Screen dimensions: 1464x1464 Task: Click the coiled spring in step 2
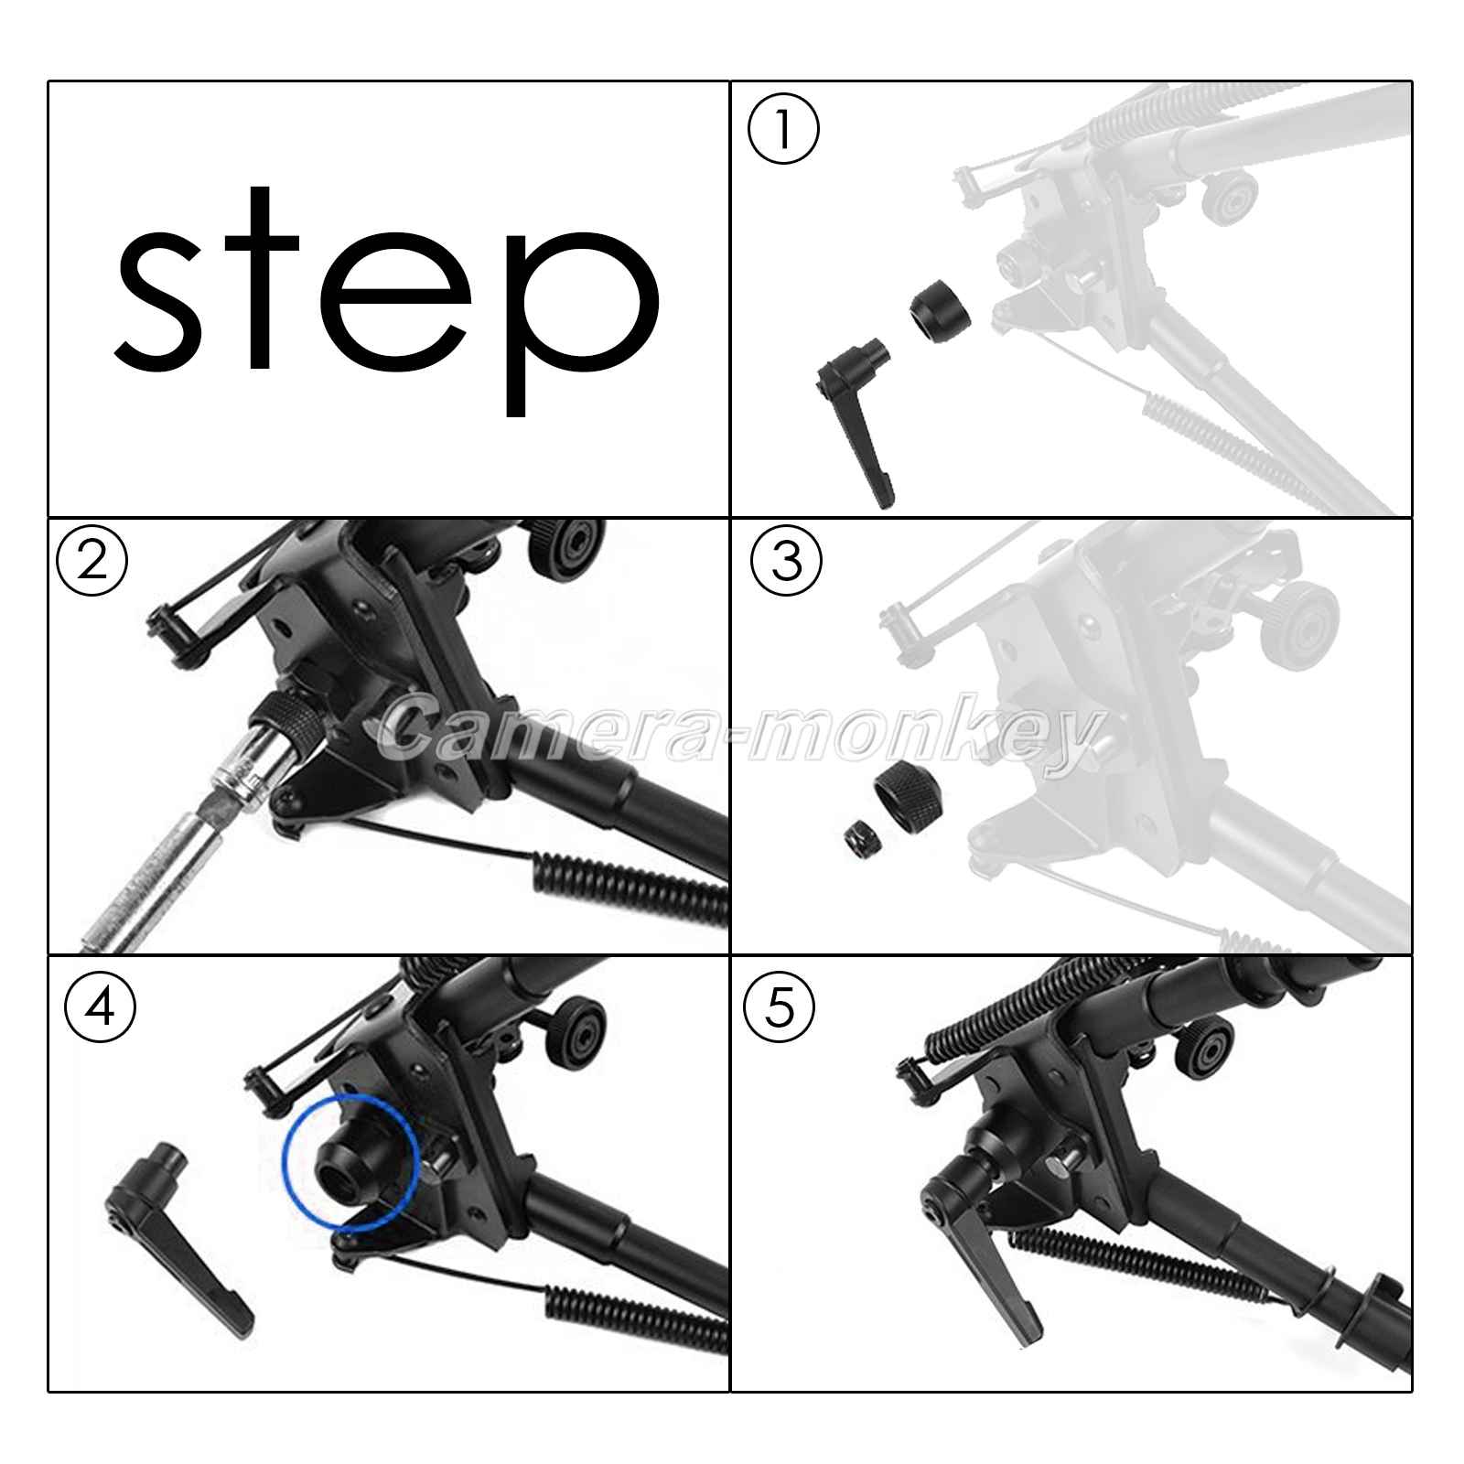[x=631, y=888]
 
